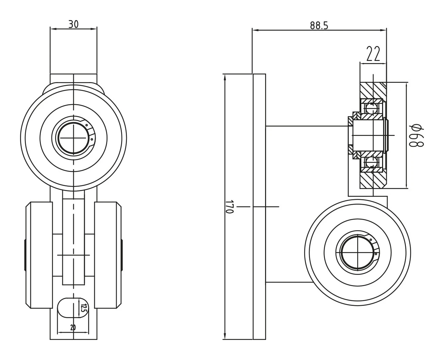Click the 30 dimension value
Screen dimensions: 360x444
pyautogui.click(x=73, y=24)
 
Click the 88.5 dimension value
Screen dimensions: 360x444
pyautogui.click(x=319, y=25)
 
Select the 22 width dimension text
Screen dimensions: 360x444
pyautogui.click(x=373, y=54)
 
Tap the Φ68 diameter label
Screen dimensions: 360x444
pyautogui.click(x=416, y=135)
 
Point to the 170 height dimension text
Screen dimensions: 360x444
pyautogui.click(x=230, y=207)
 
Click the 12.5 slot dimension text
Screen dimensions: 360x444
pyautogui.click(x=83, y=308)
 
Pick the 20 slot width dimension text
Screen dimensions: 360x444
pyautogui.click(x=73, y=328)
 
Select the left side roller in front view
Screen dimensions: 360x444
pyautogui.click(x=39, y=255)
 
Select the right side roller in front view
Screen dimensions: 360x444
pyautogui.click(x=107, y=255)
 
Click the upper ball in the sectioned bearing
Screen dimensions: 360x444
pyautogui.click(x=371, y=109)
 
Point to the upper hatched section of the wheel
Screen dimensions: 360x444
pyautogui.click(x=373, y=90)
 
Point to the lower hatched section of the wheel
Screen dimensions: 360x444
pyautogui.click(x=373, y=179)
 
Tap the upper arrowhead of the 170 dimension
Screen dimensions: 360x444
pyautogui.click(x=225, y=78)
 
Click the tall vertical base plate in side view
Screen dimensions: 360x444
pyautogui.click(x=259, y=207)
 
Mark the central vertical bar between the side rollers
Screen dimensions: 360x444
pyautogui.click(x=73, y=242)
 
